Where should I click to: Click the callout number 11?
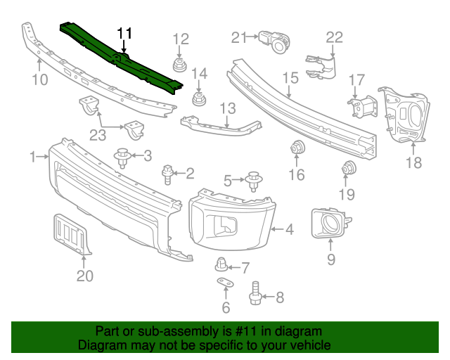click(124, 33)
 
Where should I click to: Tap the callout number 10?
click(40, 79)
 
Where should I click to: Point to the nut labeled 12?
click(181, 66)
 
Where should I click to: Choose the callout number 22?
click(334, 37)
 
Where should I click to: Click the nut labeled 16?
click(297, 148)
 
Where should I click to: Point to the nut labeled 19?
click(348, 169)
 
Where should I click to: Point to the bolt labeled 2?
click(169, 173)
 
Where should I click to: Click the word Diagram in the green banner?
click(100, 346)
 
